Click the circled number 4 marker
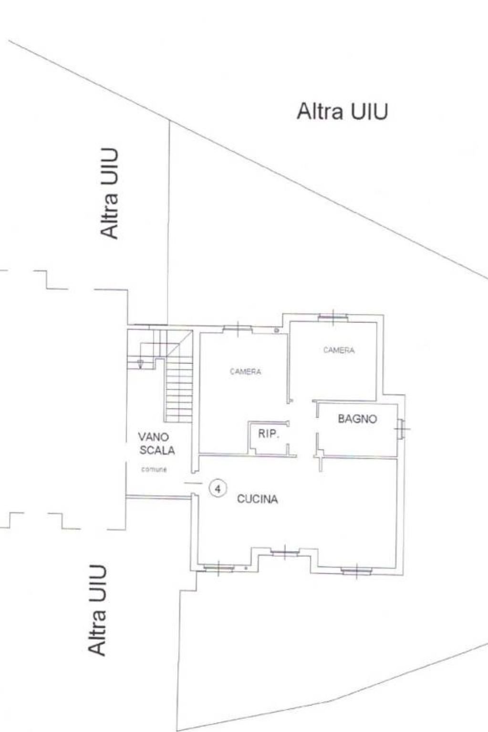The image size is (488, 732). (x=218, y=488)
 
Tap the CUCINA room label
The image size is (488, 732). (x=258, y=499)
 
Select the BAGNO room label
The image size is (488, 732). (x=357, y=419)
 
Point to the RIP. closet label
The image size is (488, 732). (x=268, y=434)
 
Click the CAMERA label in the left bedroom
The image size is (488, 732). (x=245, y=371)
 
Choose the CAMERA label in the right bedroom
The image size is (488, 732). (x=339, y=350)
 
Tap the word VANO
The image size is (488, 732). (x=153, y=436)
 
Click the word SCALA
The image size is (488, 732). (x=157, y=450)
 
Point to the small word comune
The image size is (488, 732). (x=154, y=470)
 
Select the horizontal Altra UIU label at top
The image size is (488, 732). (x=342, y=112)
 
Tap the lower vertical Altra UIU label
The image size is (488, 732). (x=97, y=610)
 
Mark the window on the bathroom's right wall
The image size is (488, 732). (x=401, y=429)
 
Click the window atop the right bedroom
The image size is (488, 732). (x=333, y=316)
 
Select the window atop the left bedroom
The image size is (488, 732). (x=237, y=328)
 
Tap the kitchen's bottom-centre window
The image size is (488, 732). (x=285, y=552)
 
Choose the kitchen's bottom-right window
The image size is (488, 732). (x=356, y=570)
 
